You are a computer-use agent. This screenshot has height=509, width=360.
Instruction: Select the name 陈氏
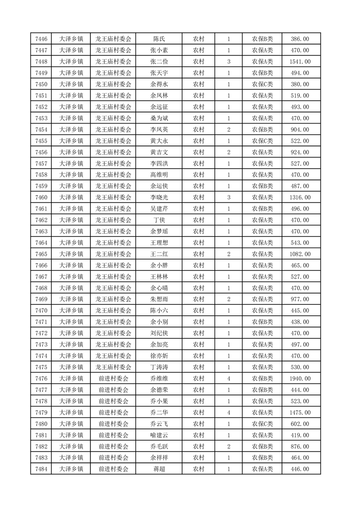click(159, 39)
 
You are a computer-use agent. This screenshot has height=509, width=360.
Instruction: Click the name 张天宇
click(159, 73)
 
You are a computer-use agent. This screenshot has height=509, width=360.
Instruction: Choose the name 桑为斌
click(159, 118)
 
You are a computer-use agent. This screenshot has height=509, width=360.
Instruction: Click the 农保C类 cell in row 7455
click(262, 141)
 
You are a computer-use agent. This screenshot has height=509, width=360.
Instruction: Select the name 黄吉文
click(159, 152)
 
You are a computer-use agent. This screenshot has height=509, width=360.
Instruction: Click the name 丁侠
click(159, 220)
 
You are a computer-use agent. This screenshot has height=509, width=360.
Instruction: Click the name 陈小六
click(159, 311)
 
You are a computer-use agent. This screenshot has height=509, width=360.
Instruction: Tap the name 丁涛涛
click(159, 367)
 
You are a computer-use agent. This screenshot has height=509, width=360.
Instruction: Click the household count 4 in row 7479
click(228, 412)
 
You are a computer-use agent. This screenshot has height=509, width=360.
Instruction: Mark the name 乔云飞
click(159, 424)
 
